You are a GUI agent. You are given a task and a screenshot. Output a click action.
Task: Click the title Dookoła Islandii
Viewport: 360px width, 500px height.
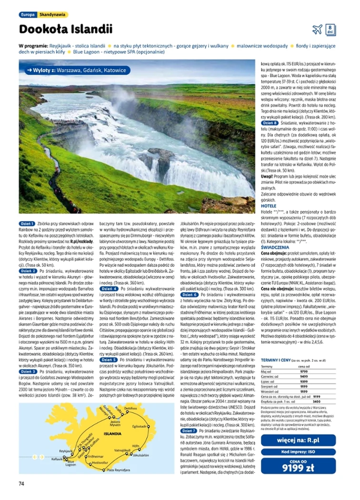66,29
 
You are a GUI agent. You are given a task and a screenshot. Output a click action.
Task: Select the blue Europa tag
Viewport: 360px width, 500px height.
27,15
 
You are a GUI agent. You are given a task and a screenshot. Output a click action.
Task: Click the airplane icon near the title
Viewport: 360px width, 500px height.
317,30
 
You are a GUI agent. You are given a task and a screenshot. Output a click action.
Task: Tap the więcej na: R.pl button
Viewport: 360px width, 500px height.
304,441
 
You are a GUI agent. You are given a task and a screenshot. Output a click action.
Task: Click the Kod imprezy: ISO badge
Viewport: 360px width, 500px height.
304,451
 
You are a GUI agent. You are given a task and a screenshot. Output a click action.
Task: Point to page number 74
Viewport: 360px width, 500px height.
21,483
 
